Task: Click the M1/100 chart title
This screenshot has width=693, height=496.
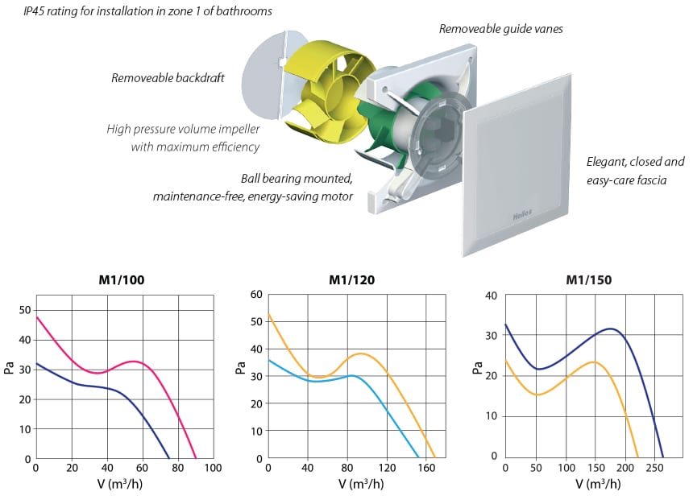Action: coord(122,280)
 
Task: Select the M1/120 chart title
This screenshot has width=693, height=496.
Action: coord(352,280)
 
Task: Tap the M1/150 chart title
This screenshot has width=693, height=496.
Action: coord(589,280)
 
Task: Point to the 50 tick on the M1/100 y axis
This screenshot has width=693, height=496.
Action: coord(25,310)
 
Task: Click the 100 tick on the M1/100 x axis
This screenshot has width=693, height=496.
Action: coord(213,468)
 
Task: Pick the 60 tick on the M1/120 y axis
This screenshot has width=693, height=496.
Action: coord(256,295)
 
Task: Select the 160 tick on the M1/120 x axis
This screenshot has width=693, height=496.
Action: coord(426,468)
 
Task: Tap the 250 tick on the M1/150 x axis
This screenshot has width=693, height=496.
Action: coord(654,468)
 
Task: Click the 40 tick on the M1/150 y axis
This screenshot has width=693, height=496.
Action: coord(491,296)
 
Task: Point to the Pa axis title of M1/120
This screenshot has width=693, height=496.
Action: coord(240,368)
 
